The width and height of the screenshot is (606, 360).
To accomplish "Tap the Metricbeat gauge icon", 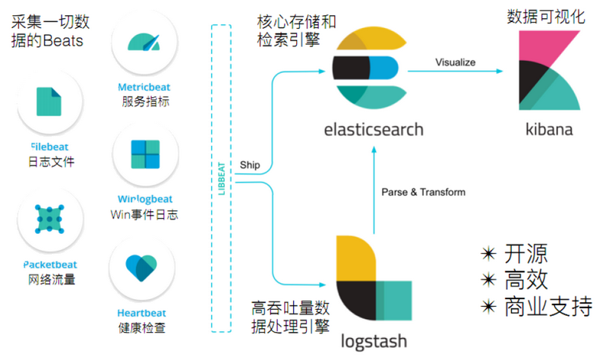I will (144, 42).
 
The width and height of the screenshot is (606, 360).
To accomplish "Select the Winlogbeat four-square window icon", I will (144, 155).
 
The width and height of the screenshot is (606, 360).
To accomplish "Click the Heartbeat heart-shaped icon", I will (143, 267).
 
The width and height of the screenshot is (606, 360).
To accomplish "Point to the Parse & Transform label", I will (423, 192).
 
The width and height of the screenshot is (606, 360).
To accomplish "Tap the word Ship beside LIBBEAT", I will (249, 164).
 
